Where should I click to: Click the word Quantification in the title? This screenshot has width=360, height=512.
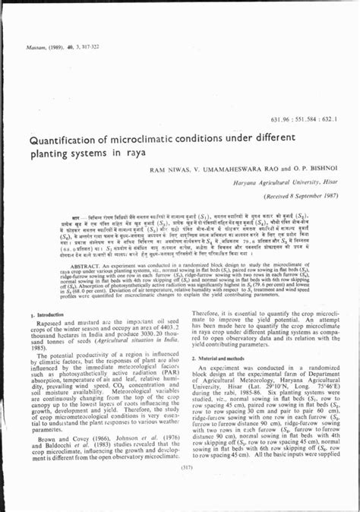[65, 140]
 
